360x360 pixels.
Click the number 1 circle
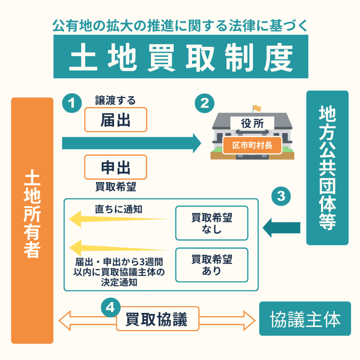point(72,103)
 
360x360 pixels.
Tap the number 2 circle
point(204,103)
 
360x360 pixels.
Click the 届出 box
point(115,120)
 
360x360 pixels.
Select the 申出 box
point(115,167)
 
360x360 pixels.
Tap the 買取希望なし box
point(212,223)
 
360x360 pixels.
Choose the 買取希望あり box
point(212,265)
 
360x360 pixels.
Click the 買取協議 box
point(157,319)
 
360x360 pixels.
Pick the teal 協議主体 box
point(305,319)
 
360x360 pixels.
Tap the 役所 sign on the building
point(252,123)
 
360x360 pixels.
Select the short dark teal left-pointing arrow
point(282,227)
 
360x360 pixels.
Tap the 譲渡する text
point(115,101)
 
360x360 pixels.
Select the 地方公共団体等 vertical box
point(327,168)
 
